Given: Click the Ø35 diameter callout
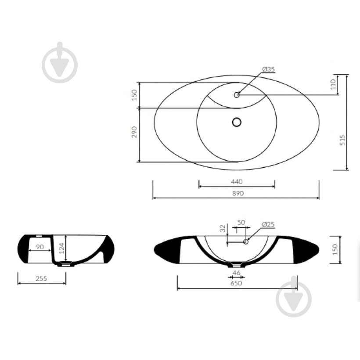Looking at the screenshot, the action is coord(268,69).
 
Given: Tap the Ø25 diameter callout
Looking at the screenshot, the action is coord(268,224).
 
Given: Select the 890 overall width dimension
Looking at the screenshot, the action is coord(238,194).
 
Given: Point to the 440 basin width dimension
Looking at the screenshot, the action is coord(237,182).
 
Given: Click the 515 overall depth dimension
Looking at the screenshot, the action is coord(342,140).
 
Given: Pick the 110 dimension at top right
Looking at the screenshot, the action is coord(333,84).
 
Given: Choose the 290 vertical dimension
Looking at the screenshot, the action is coord(134,132).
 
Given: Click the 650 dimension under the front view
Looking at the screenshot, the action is coord(236,283).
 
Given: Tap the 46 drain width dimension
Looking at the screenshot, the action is coord(236,273).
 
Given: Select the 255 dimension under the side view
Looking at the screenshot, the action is coord(41,278).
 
